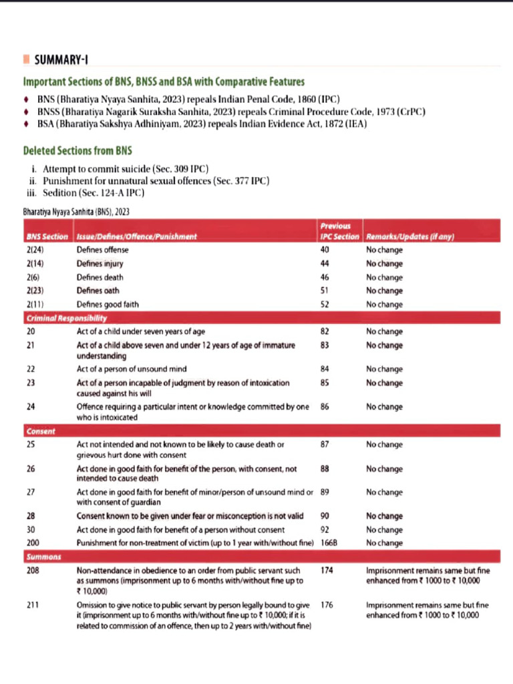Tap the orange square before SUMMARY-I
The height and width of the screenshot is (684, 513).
[26, 60]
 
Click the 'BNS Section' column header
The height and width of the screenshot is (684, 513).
[47, 236]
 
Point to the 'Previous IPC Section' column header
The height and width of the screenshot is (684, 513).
[340, 231]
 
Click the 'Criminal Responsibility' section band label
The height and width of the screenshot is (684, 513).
[66, 318]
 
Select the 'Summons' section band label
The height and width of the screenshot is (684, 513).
[43, 556]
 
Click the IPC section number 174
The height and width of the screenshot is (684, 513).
[327, 571]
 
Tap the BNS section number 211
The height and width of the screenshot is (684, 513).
[32, 605]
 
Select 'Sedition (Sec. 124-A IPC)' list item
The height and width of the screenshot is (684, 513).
[94, 193]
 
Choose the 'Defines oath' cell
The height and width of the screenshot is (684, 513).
[99, 291]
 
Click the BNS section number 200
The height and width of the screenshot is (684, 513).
[32, 543]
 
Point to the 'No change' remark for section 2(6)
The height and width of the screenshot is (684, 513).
[384, 277]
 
